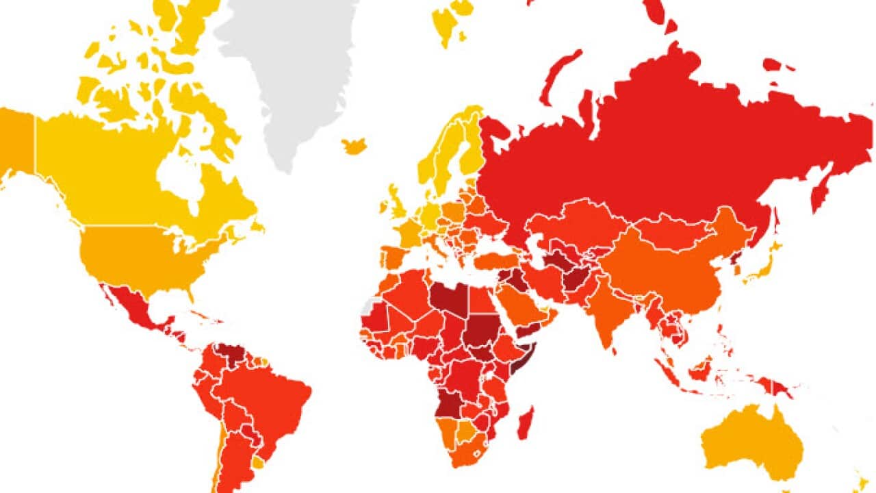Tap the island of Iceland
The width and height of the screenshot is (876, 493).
pos(355,146)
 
